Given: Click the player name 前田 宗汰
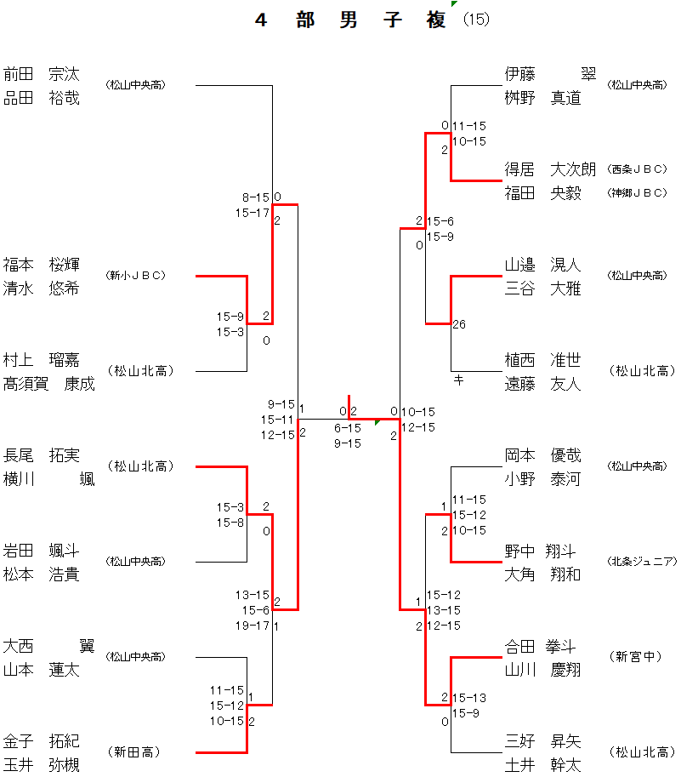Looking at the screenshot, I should (41, 73).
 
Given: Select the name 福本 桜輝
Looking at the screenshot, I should (41, 264).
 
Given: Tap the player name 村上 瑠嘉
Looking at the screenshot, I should (41, 359).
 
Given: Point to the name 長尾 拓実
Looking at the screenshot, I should (41, 454).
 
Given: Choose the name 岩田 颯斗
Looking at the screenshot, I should (41, 550).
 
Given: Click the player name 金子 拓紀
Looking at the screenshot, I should (41, 740).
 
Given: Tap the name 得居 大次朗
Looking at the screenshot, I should (550, 169).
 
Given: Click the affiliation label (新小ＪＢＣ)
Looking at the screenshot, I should (135, 276).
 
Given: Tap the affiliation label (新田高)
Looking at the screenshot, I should (134, 752).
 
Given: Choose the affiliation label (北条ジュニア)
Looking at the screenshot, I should (642, 562).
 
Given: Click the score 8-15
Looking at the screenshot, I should (256, 197).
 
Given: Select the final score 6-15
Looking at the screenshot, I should (347, 427).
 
